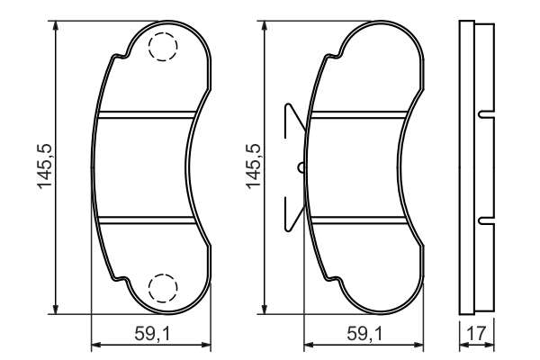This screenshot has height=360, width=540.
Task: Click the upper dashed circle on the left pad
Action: [x=162, y=47]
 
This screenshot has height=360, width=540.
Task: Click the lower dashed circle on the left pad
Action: [x=162, y=286]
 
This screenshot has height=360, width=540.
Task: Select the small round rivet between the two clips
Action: [x=301, y=166]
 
